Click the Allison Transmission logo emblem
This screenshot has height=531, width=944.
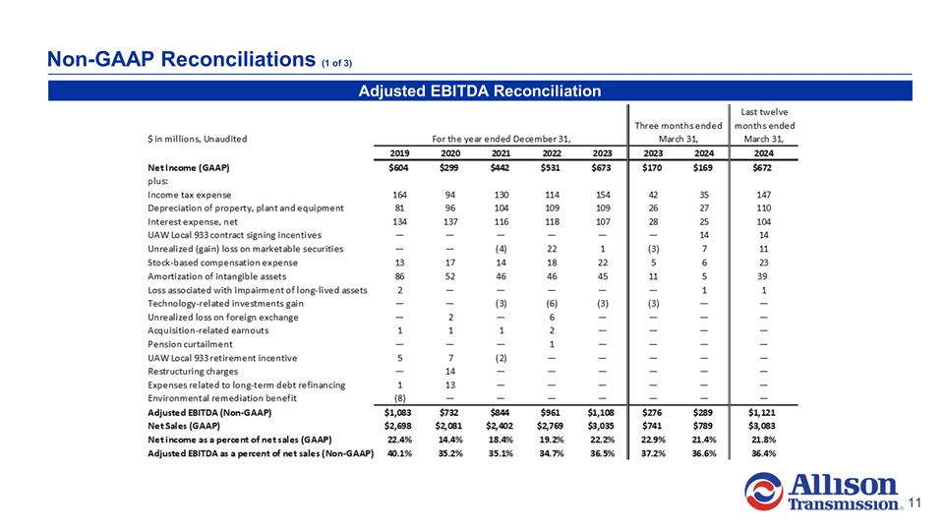tap(769, 492)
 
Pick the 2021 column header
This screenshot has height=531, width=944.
tap(501, 152)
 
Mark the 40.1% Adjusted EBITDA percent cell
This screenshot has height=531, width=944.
tap(396, 453)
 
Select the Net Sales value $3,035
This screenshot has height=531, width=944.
tap(599, 427)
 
